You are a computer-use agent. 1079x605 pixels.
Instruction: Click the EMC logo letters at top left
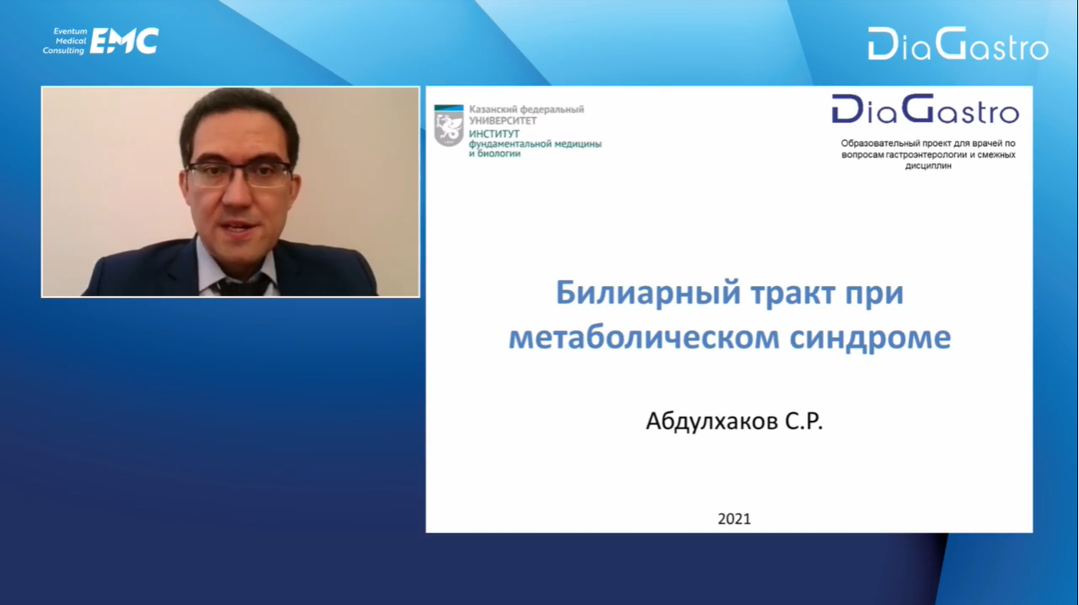(x=124, y=41)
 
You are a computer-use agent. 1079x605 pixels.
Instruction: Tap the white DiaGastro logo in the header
(x=958, y=43)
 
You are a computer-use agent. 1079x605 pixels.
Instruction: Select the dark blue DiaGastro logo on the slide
(x=925, y=109)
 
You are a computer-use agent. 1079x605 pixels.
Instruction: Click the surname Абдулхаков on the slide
(x=711, y=421)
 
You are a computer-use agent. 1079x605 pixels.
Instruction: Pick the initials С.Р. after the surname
(x=804, y=421)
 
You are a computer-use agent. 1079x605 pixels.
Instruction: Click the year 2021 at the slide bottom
(x=734, y=518)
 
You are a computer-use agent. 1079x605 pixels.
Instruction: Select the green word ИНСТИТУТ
(x=494, y=134)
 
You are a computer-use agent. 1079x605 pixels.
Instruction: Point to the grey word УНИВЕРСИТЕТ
(x=503, y=120)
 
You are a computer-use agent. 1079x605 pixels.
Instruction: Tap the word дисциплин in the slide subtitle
(x=928, y=165)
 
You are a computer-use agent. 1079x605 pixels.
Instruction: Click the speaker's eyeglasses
(x=239, y=174)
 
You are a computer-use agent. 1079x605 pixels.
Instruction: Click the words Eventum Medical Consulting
(x=65, y=41)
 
